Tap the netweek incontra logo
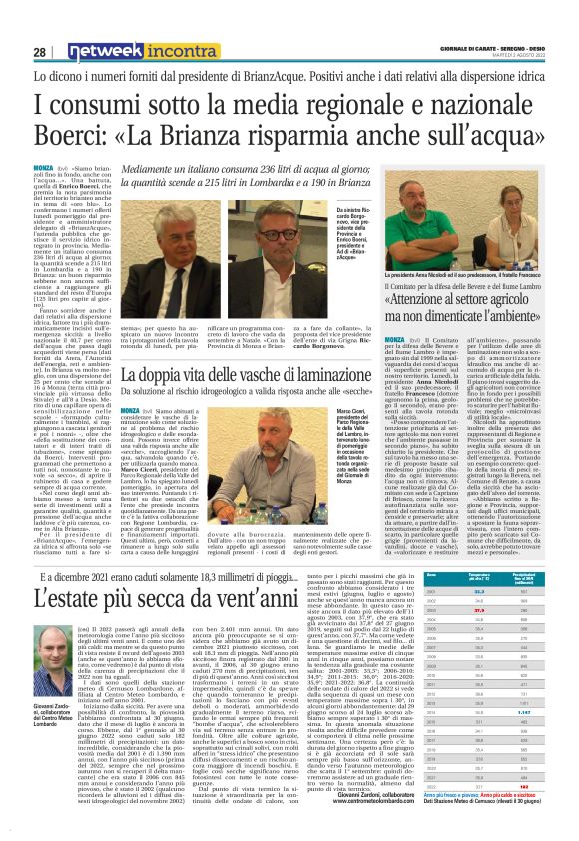point(129,51)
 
